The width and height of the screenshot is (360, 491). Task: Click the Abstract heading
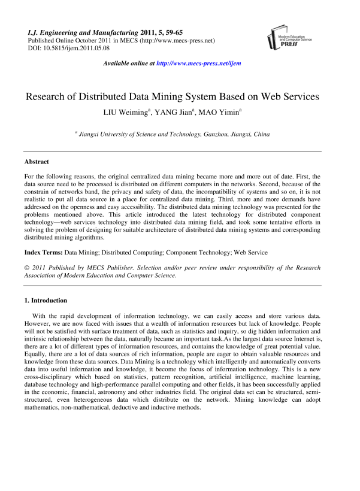37,162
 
